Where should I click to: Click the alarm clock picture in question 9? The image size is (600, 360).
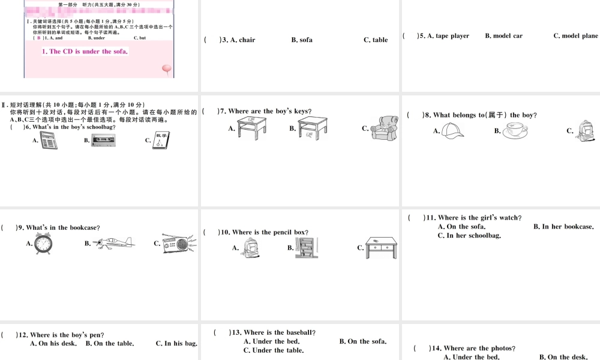(43, 244)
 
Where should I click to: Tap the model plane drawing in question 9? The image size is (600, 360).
(115, 242)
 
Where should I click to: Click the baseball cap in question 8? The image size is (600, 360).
(454, 130)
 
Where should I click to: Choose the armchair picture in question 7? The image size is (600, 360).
(385, 128)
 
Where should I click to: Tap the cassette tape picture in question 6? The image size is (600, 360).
(103, 140)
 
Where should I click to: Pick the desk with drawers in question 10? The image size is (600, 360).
(381, 247)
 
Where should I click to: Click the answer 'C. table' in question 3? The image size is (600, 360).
(376, 40)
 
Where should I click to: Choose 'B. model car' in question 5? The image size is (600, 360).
(503, 36)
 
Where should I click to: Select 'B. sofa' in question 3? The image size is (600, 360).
(302, 40)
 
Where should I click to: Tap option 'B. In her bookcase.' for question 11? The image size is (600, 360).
(563, 227)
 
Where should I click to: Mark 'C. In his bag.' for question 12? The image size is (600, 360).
(176, 344)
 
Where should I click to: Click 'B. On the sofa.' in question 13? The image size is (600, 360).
(362, 341)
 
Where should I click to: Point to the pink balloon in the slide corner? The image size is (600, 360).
(166, 69)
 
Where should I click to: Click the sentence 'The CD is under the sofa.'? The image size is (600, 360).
(85, 52)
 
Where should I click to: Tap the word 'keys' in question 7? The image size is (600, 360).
(301, 111)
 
